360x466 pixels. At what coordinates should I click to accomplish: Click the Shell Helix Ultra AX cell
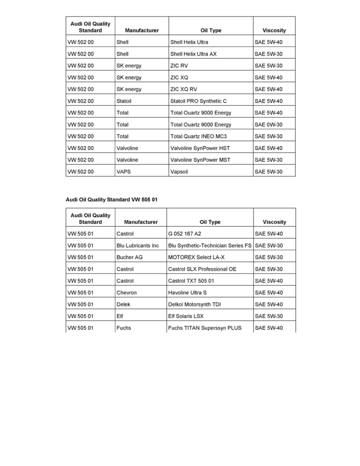(193, 54)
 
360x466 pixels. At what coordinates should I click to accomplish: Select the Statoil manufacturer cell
(124, 101)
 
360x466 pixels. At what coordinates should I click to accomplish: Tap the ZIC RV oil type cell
(179, 66)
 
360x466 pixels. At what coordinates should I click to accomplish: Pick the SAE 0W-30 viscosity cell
(268, 124)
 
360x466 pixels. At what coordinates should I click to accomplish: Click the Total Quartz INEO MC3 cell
(198, 136)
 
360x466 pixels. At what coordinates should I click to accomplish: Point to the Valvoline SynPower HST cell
(200, 148)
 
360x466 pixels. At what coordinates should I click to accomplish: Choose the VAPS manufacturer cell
(124, 171)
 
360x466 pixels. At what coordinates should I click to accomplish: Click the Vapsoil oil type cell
(179, 171)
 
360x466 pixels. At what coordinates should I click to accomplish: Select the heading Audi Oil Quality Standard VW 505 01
(111, 199)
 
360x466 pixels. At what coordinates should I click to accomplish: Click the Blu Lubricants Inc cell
(138, 246)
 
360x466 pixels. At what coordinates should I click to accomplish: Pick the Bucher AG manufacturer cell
(129, 257)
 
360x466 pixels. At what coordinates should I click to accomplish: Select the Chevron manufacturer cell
(127, 293)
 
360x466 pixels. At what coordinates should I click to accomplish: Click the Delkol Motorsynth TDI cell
(195, 304)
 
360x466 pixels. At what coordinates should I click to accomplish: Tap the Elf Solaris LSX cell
(186, 316)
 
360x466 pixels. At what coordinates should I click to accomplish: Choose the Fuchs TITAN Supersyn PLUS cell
(205, 328)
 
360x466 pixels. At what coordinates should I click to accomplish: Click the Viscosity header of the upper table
(274, 30)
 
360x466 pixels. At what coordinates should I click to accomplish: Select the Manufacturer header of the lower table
(141, 222)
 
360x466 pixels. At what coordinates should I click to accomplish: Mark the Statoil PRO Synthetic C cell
(198, 101)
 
